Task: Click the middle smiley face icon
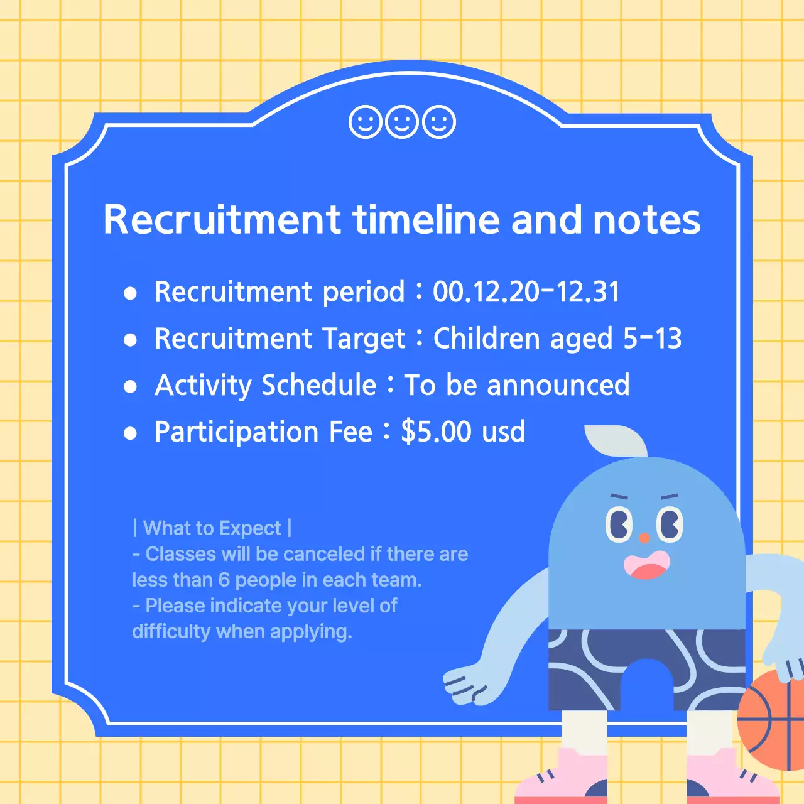coord(402,122)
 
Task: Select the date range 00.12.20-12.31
coord(526,292)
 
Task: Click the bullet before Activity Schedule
coord(131,386)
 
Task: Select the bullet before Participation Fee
coord(131,433)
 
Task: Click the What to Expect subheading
coord(212,528)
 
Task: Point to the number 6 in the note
coord(224,580)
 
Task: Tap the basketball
coord(771,719)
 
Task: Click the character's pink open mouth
coord(646,566)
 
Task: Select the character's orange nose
coord(644,538)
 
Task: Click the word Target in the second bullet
coord(364,339)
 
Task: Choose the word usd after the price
coord(503,432)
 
